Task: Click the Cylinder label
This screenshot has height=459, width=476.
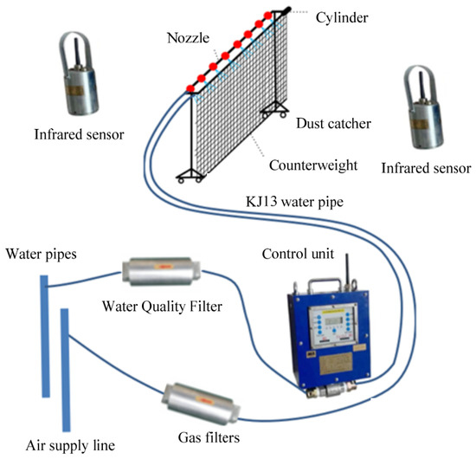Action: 342,17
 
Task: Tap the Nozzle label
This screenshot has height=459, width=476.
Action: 188,38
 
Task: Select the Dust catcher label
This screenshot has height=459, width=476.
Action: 333,124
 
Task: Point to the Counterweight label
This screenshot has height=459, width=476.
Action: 313,165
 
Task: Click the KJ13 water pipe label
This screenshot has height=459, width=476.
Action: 294,202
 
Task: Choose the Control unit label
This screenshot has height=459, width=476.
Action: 298,254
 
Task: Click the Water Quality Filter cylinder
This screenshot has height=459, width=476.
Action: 161,271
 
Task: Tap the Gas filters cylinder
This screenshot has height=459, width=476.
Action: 201,404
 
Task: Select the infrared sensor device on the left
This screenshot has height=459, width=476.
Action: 79,74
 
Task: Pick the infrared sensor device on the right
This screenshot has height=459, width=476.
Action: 424,107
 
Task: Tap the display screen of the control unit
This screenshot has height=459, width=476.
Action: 334,320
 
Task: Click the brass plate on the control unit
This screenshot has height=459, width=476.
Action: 336,364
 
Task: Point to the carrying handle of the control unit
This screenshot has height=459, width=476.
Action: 325,285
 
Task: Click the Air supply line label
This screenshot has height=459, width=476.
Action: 70,445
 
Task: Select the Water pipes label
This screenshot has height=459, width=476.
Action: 42,255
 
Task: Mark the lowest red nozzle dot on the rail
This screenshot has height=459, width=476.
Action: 190,88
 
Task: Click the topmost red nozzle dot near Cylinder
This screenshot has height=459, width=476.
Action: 267,16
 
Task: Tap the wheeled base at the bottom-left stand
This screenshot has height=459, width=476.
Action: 190,175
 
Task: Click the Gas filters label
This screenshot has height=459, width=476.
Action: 209,437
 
